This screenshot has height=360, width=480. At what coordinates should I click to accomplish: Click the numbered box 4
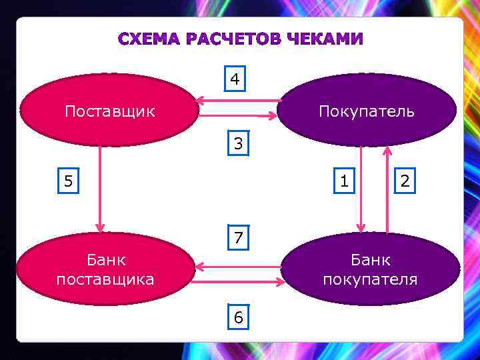tap(235, 79)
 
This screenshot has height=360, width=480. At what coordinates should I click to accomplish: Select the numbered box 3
tap(237, 143)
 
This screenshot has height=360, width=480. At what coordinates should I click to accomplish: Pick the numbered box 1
tap(343, 180)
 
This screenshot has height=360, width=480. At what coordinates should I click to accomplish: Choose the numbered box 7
tap(237, 237)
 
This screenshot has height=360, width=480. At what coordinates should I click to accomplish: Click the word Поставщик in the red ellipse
tap(109, 110)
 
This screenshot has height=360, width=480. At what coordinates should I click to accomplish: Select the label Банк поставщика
tap(105, 269)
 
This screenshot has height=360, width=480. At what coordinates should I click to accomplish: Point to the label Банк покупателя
tap(370, 269)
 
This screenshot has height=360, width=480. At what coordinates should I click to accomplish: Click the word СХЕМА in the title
tap(150, 39)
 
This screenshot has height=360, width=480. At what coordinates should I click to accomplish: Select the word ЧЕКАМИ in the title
tap(325, 39)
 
